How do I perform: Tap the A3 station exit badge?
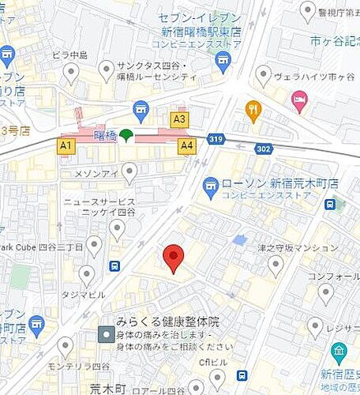click(180, 119)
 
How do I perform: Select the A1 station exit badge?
click(66, 146)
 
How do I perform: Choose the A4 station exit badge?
click(187, 145)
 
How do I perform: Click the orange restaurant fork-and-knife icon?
click(253, 110)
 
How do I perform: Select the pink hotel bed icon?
click(300, 100)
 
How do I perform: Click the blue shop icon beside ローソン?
click(211, 187)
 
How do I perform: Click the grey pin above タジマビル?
click(87, 274)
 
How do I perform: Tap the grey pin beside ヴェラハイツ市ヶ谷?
click(264, 75)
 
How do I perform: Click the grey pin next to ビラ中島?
click(72, 73)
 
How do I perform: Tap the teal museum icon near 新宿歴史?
click(339, 351)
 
